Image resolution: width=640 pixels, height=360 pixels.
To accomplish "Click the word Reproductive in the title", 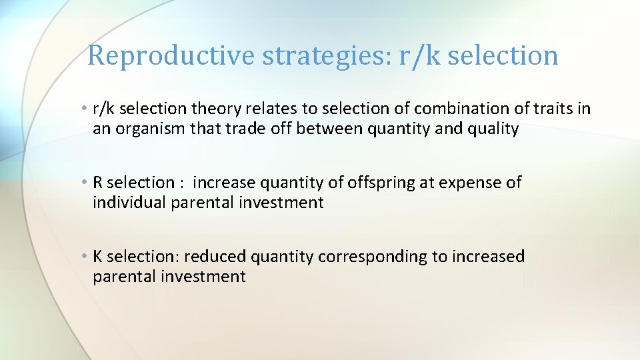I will (x=172, y=55).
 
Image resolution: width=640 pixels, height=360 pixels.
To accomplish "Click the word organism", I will (x=151, y=129).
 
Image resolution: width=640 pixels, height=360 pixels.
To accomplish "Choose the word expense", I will (x=471, y=183).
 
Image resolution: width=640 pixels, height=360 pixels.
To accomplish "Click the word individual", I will (x=129, y=203).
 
